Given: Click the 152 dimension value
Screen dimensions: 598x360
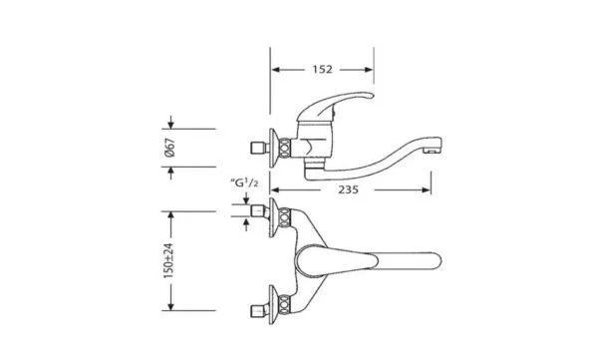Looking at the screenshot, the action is pos(322,70).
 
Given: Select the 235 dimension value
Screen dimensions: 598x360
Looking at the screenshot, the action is pos(348,189).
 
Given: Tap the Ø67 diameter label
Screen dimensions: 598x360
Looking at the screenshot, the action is pos(170,148).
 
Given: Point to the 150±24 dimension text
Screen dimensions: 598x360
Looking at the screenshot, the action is pos(169,260).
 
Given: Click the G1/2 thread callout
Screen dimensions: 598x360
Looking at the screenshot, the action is pos(244,182).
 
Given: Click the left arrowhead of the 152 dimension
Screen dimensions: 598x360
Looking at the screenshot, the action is pos(276,70).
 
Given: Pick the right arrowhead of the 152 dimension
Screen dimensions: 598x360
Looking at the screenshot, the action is pos(369,70).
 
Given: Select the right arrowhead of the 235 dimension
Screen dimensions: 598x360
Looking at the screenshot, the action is pos(426,189).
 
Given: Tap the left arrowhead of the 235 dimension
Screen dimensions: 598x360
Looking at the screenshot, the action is pos(275,189).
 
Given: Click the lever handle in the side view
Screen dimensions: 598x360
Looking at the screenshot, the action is pos(336,104).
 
